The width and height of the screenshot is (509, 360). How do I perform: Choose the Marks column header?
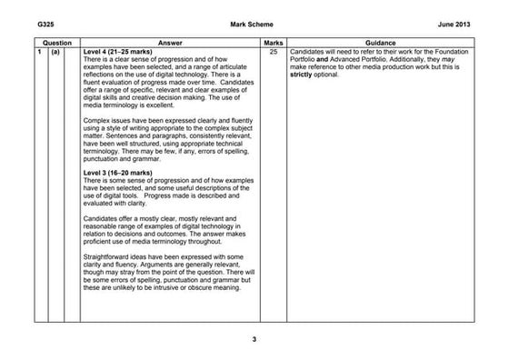(274, 43)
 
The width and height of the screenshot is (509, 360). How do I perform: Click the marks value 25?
(274, 52)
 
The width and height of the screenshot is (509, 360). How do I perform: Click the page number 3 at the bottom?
(254, 340)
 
